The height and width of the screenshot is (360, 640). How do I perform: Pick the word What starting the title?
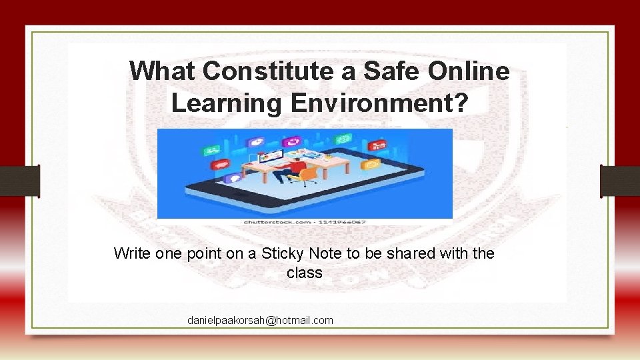[162, 71]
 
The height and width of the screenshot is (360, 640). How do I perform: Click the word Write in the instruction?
[132, 253]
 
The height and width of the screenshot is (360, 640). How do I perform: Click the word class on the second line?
[305, 273]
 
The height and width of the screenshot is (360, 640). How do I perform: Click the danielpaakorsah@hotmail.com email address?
[260, 321]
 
